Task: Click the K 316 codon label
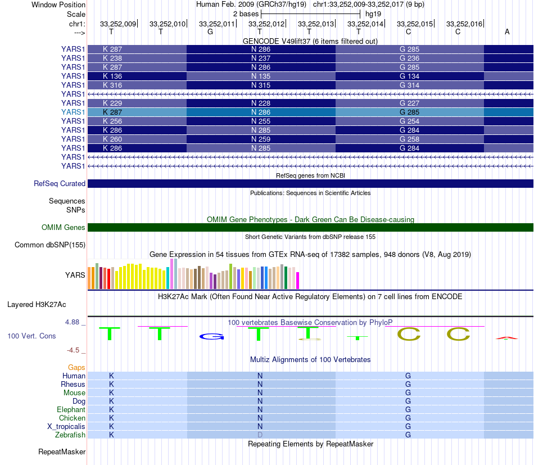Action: [x=112, y=85]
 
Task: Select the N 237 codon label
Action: [x=260, y=58]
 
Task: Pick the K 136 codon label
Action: [x=112, y=76]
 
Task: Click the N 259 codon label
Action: [x=260, y=139]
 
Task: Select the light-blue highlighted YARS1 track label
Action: [x=73, y=112]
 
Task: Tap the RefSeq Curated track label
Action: [x=60, y=183]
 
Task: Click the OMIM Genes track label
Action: [x=64, y=227]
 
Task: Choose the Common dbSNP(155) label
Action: [x=50, y=245]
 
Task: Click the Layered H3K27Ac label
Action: [x=37, y=304]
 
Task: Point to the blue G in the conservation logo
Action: [x=211, y=336]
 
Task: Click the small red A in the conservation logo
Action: [x=507, y=338]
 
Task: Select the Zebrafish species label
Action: [x=70, y=435]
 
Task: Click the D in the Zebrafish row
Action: [x=260, y=435]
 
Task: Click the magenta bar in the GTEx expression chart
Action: [x=298, y=280]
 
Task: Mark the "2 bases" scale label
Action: [x=246, y=13]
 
